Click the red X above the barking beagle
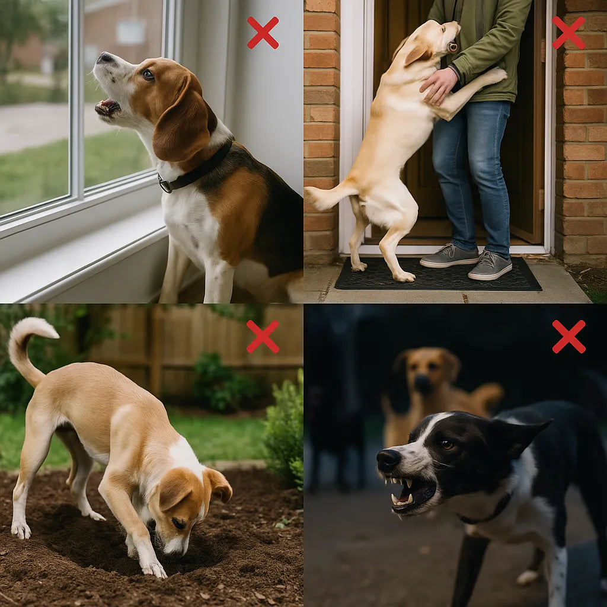coord(263,33)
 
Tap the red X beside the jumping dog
coord(568,33)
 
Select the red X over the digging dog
coord(263,337)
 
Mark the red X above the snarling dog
coord(568,337)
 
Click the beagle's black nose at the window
coord(105,57)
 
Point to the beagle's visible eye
coord(148,75)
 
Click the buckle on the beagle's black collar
coord(165,184)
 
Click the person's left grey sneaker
coord(449,255)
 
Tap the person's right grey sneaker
coord(490,265)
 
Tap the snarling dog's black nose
coord(389,460)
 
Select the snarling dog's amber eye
coord(447,445)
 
